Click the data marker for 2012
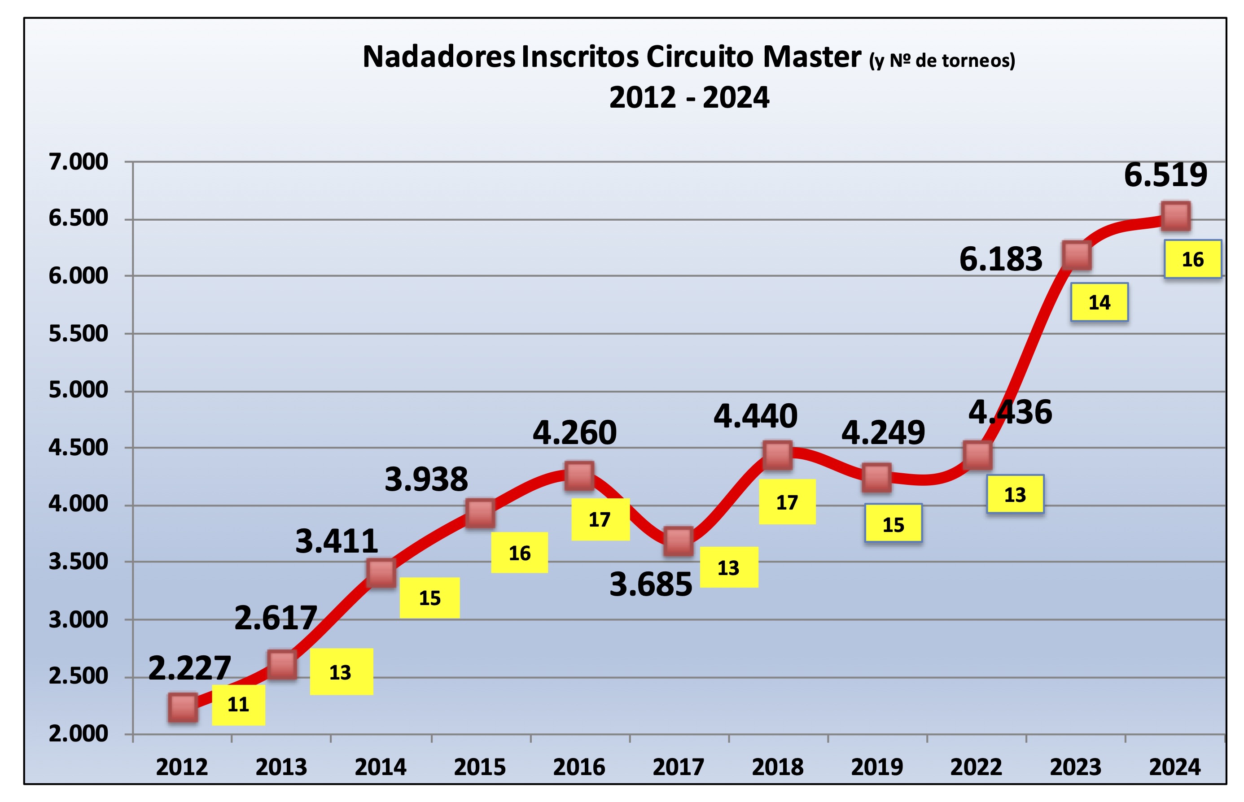point(183,707)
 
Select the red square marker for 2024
point(1176,216)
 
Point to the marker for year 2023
point(1076,255)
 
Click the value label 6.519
point(1165,175)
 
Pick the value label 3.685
point(651,584)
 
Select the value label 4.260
point(574,433)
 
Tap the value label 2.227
point(190,668)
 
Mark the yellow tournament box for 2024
point(1192,259)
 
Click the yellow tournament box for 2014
point(430,598)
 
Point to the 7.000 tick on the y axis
point(78,162)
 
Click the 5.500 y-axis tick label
point(78,333)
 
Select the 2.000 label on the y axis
point(78,733)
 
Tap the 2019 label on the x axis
point(877,767)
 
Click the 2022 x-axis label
point(976,767)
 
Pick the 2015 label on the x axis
point(480,767)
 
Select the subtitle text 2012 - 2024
point(689,97)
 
